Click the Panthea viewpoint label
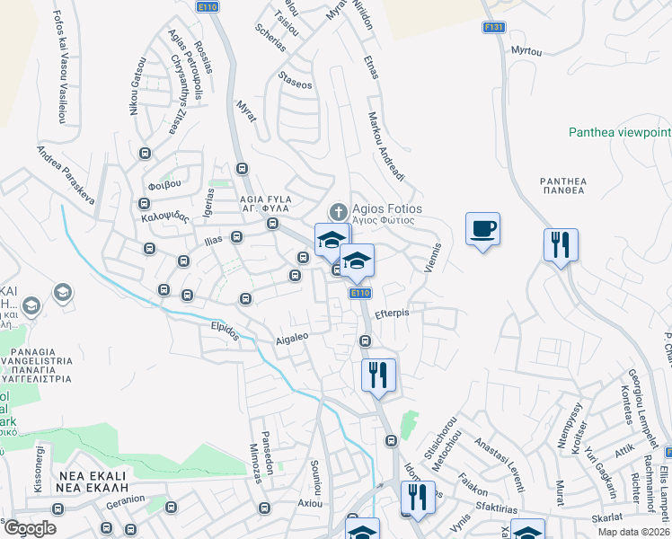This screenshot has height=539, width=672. click(x=619, y=132)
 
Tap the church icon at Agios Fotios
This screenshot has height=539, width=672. click(x=338, y=212)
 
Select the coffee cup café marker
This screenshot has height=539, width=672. click(x=482, y=229)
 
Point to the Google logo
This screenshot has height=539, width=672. click(x=30, y=527)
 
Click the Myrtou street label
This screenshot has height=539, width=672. click(x=526, y=51)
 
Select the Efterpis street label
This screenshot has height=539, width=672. click(x=392, y=314)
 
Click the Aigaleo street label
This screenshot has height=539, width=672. click(x=291, y=338)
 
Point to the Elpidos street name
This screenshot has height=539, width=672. click(x=224, y=331)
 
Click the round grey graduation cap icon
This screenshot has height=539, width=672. click(x=63, y=292)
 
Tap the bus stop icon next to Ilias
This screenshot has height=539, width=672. click(x=236, y=237)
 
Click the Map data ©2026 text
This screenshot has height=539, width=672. click(x=634, y=532)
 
